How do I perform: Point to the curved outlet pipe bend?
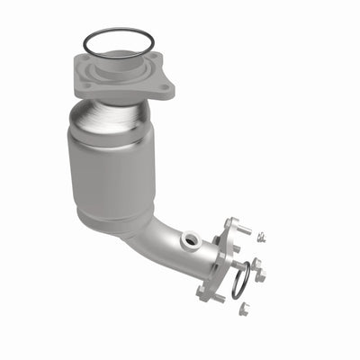pos(157,247)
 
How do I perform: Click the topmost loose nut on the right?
pos(260,238)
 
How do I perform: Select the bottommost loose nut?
pos(242,309)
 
